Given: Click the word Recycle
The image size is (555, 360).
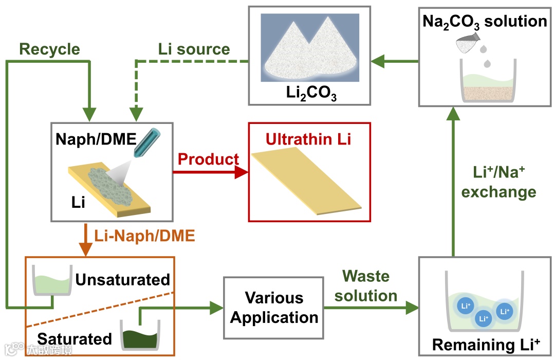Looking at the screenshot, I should [x=49, y=49].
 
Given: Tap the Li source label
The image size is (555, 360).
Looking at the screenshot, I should [x=193, y=49].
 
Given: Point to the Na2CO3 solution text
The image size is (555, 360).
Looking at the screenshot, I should [x=485, y=21].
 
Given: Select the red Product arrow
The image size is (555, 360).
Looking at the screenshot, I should [x=210, y=173].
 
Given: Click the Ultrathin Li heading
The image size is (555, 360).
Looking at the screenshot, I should [x=308, y=139].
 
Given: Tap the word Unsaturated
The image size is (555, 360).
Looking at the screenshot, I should [x=122, y=279].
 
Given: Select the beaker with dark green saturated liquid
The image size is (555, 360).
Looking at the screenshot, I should [x=140, y=335].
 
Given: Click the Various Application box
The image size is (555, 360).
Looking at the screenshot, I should [x=274, y=307].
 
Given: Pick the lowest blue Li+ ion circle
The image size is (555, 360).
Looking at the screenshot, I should [x=483, y=318].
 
